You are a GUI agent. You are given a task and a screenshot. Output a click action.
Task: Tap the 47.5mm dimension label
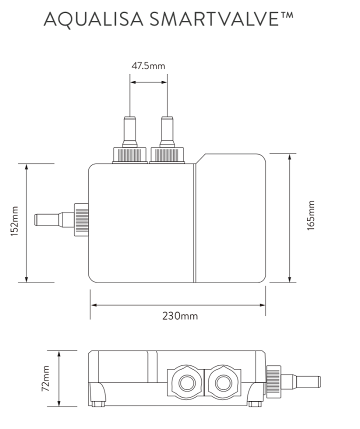coord(148,65)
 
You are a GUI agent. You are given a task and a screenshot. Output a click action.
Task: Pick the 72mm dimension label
coord(45,379)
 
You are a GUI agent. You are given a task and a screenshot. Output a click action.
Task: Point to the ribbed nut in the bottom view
coord(272,380)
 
